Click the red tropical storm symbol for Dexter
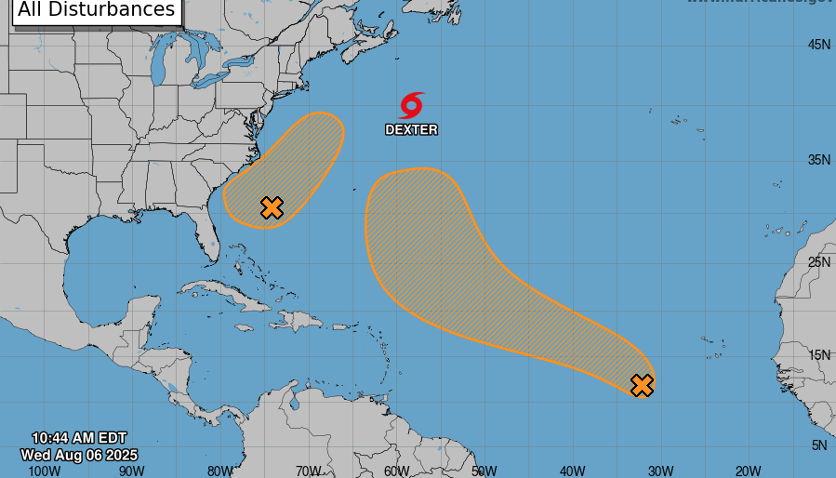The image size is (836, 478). [412, 104]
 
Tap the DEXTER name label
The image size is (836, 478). [411, 130]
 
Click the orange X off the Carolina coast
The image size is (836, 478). [272, 207]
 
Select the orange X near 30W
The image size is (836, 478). [642, 385]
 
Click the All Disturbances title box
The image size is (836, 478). [97, 10]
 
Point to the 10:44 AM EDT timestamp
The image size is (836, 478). [79, 438]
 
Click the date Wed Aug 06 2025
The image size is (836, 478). [79, 455]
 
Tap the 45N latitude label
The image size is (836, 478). [818, 45]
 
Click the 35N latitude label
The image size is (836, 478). [818, 160]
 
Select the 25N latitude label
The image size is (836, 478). [818, 261]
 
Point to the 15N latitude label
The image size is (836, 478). [818, 354]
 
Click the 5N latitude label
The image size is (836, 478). [818, 445]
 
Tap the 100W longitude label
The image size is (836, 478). [44, 471]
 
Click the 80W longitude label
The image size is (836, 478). [220, 471]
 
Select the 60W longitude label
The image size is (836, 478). [396, 471]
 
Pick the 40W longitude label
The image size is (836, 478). [572, 471]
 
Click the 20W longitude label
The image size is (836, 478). [748, 471]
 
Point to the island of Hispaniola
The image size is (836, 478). [296, 321]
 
